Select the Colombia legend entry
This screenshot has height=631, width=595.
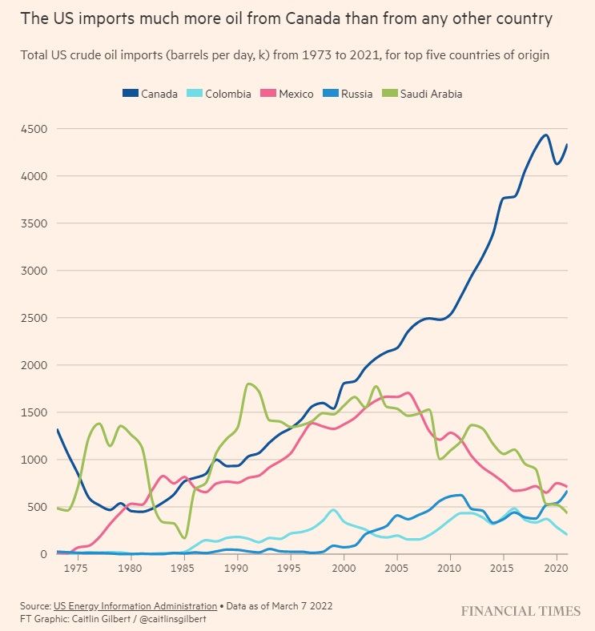pos(222,94)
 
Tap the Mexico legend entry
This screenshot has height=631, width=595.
pos(289,94)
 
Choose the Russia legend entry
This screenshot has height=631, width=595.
pos(350,94)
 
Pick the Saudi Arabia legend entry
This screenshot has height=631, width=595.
pos(424,94)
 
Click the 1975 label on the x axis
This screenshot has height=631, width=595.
pos(76,569)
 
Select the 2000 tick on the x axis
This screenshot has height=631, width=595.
pos(344,569)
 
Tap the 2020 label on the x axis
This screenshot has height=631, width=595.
pos(557,569)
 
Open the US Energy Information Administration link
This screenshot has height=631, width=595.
pos(135,605)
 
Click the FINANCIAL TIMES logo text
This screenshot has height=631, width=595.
pos(521,612)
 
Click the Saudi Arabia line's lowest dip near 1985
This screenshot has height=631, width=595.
pos(185,538)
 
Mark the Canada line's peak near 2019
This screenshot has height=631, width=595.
pos(545,135)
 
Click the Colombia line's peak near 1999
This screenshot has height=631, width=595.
pos(333,509)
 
